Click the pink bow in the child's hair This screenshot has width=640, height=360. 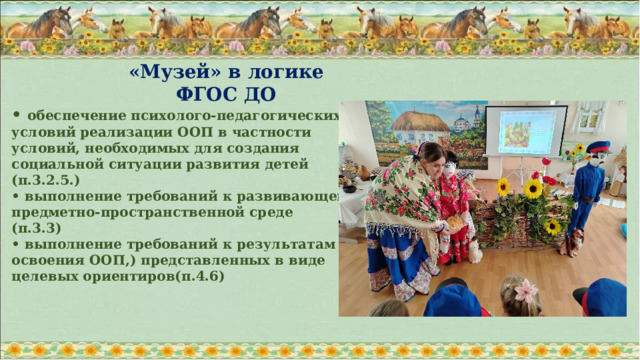click(526, 291)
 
